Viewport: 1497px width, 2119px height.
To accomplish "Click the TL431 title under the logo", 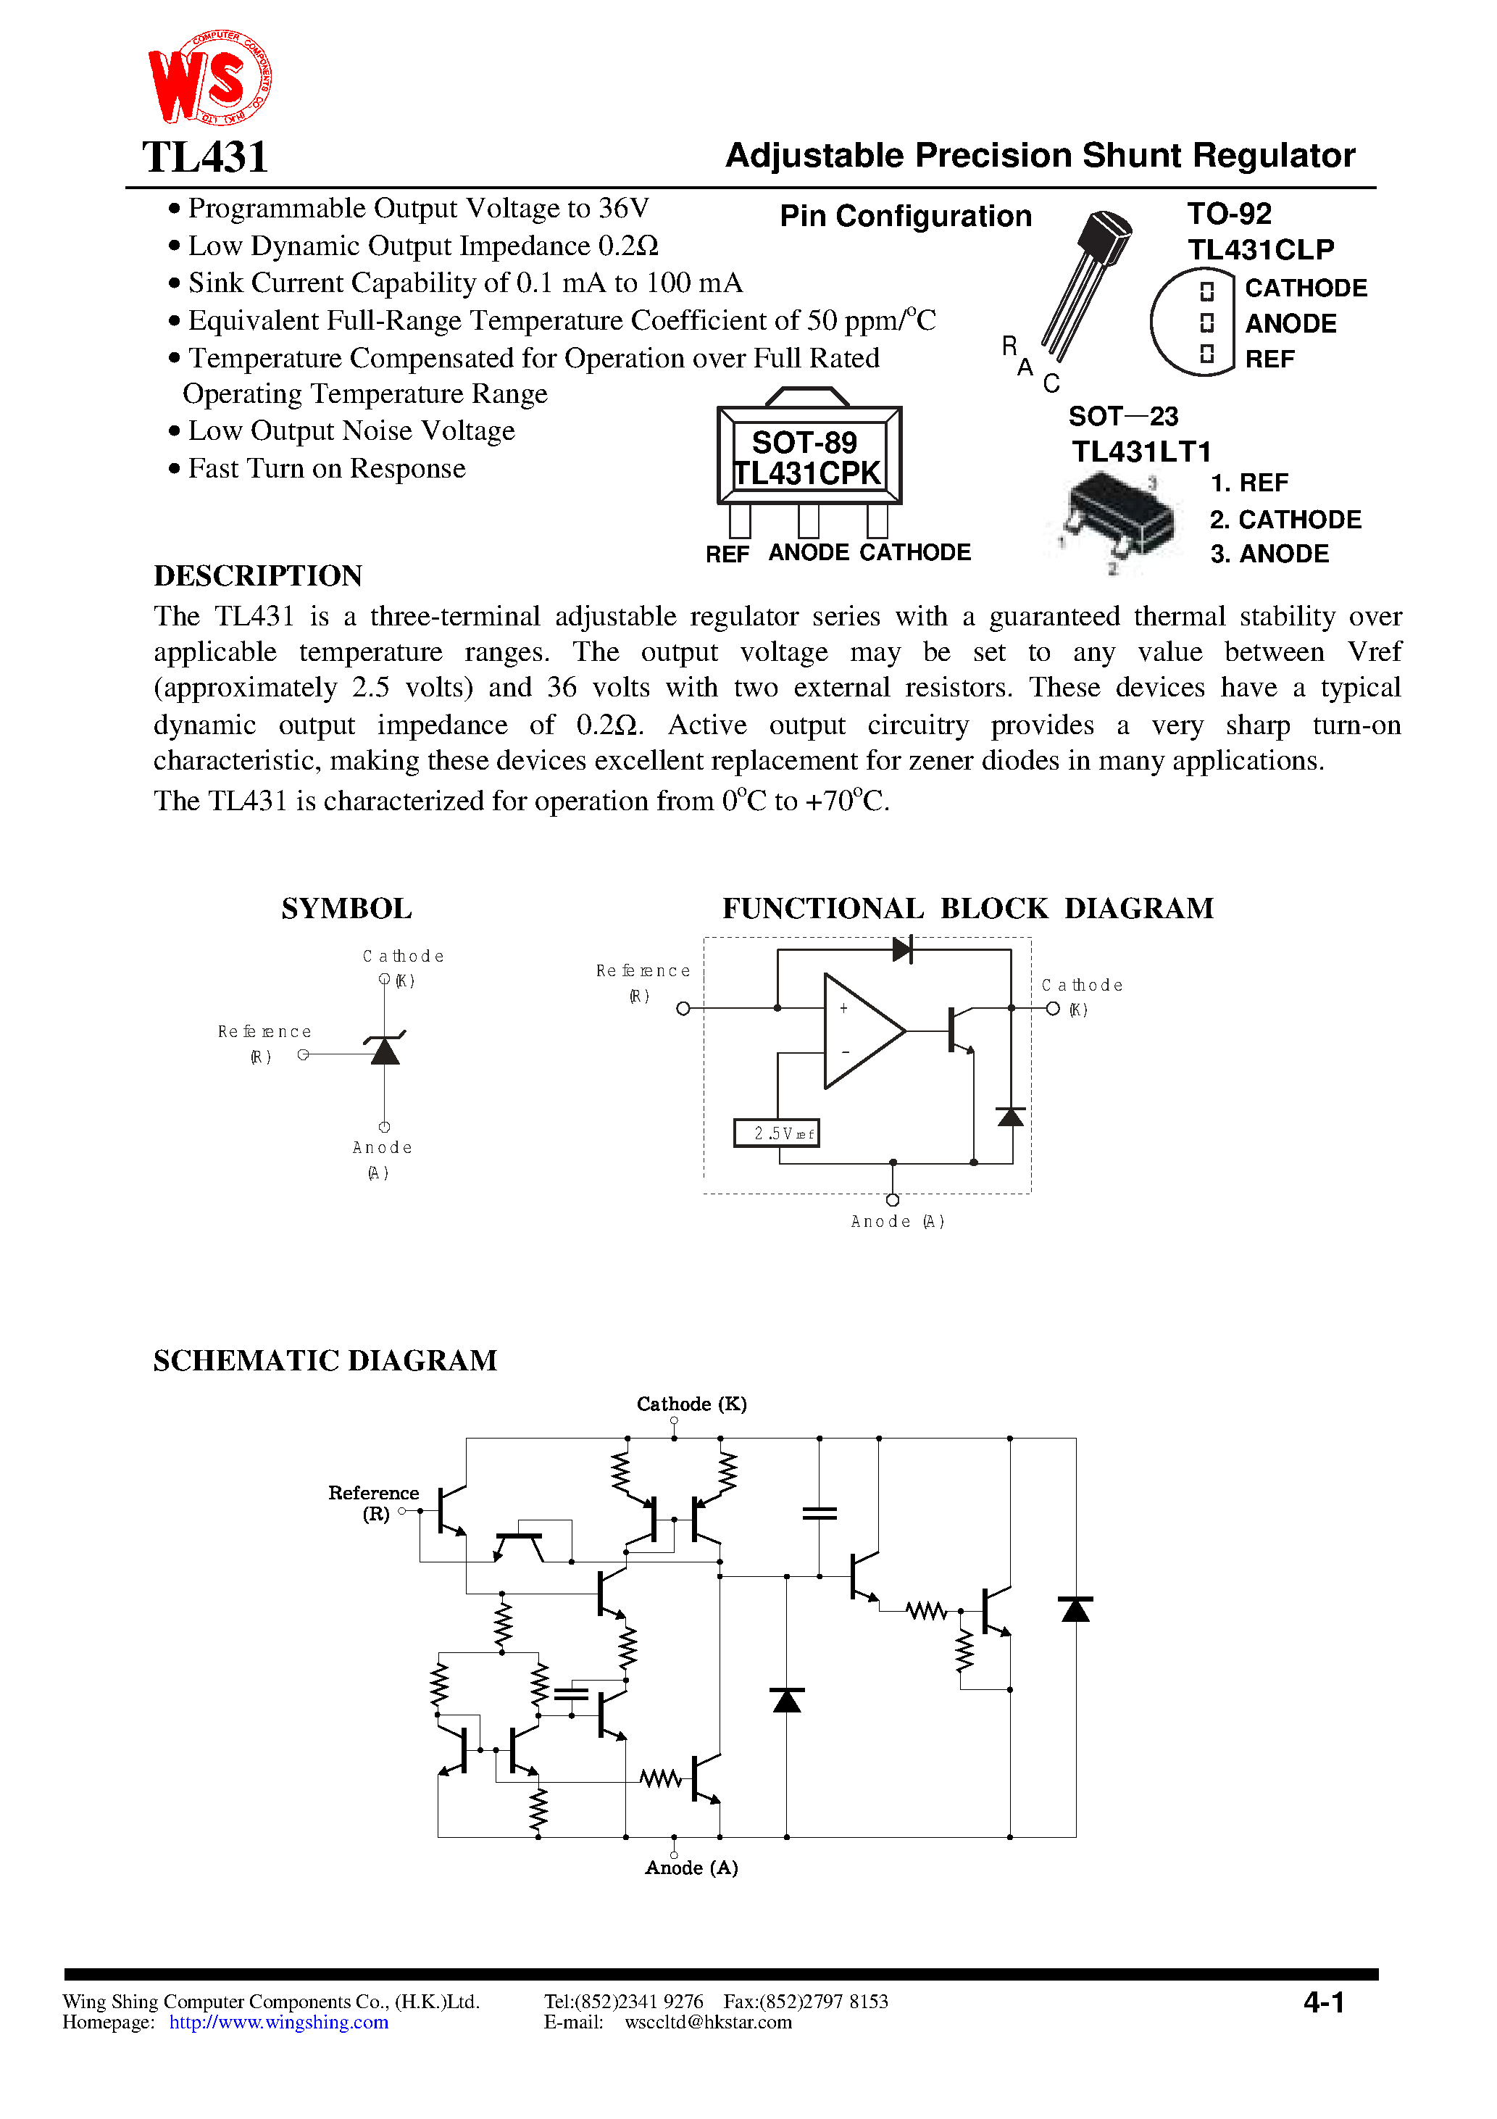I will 205,157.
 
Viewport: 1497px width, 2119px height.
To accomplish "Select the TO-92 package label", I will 1228,214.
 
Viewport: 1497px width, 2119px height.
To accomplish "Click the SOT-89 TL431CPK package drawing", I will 809,458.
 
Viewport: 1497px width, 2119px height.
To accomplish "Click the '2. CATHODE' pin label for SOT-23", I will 1285,520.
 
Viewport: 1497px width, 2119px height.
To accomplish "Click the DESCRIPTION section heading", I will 257,576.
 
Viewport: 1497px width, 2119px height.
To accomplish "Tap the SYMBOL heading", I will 346,909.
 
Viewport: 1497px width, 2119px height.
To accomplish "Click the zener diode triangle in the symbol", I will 385,1052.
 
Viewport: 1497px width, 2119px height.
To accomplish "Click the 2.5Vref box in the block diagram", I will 776,1133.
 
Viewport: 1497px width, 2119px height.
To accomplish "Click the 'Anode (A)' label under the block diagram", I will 896,1222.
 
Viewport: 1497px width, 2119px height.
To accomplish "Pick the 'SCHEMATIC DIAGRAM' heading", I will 325,1361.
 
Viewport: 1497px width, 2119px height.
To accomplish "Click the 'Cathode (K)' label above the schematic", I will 691,1404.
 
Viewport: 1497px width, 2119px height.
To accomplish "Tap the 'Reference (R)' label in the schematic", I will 373,1502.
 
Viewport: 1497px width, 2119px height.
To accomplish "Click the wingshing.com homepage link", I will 279,2022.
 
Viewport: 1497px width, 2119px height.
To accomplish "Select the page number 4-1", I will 1324,2002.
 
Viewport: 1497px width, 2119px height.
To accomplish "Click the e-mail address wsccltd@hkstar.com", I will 708,2022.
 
